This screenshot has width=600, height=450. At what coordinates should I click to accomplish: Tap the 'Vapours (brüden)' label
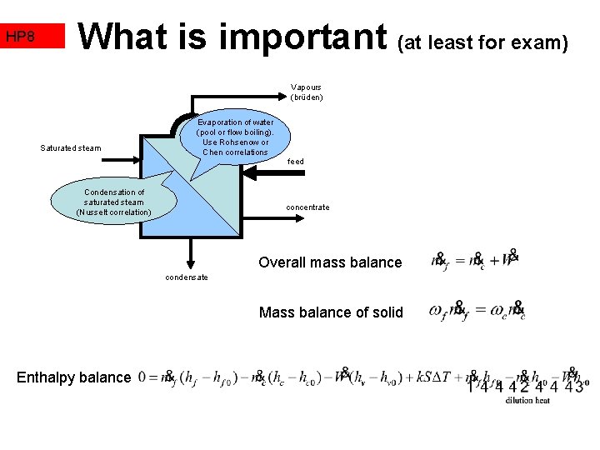pos(306,92)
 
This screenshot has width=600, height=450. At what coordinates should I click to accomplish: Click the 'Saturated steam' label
pos(71,148)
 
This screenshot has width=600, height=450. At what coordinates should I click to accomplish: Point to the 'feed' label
pos(295,162)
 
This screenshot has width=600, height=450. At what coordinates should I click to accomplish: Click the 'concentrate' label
pos(307,207)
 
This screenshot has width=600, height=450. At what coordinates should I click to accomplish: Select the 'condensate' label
pos(186,277)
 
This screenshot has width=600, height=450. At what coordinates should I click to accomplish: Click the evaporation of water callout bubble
pos(235,137)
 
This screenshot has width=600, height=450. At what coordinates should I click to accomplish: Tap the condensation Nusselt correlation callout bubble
pos(113,202)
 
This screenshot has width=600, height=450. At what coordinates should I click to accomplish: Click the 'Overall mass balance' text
pos(330,262)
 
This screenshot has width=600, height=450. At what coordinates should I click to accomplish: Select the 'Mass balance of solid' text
pos(331,312)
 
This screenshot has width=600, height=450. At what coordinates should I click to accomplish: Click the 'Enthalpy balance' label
pos(73,377)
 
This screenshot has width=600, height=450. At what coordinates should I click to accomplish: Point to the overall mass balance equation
pos(475,260)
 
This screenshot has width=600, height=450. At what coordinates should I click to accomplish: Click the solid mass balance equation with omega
pos(477,311)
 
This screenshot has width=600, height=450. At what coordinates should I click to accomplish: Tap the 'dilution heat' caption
pos(527,400)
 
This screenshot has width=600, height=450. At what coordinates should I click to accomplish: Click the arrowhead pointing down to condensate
pos(191,260)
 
